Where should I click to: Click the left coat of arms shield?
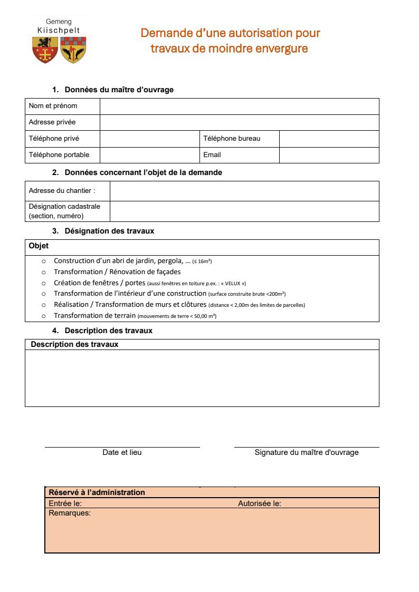click(x=45, y=50)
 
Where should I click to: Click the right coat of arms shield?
click(x=73, y=50)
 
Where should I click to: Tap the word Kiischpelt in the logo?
click(x=59, y=31)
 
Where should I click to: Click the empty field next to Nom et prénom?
click(x=239, y=106)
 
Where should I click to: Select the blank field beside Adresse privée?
click(x=239, y=122)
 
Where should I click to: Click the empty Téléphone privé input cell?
click(x=149, y=139)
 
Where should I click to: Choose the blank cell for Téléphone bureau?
click(x=329, y=139)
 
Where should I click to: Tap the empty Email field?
click(x=329, y=155)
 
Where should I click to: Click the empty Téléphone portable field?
click(x=149, y=155)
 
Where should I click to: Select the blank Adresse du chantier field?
click(x=244, y=191)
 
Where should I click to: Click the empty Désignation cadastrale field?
click(x=244, y=211)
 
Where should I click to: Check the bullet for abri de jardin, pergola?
click(x=44, y=261)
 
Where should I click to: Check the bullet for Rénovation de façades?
click(x=44, y=273)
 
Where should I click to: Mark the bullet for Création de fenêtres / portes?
click(x=44, y=283)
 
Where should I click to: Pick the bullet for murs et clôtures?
click(x=44, y=305)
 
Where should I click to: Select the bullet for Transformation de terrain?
click(x=44, y=316)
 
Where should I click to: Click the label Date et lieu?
click(x=122, y=452)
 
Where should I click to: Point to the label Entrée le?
click(x=65, y=503)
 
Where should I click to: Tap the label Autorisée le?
click(x=259, y=503)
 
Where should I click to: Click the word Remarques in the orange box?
click(x=69, y=513)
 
